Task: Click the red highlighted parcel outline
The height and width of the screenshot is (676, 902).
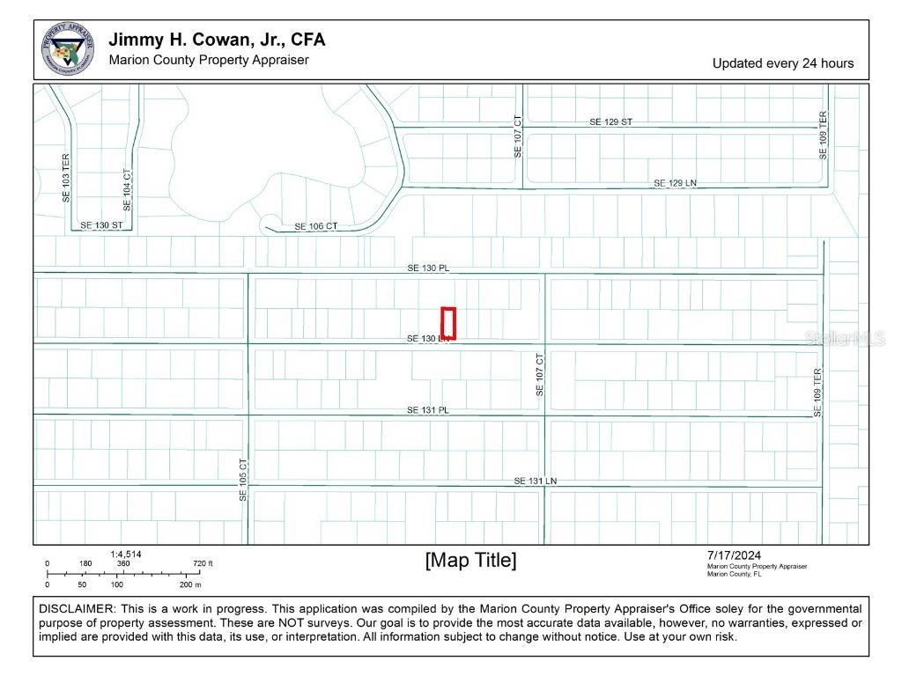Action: click(448, 322)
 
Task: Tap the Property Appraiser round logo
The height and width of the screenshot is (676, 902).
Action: click(68, 49)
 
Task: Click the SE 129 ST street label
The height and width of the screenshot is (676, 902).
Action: click(610, 121)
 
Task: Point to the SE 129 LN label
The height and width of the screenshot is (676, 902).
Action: click(675, 183)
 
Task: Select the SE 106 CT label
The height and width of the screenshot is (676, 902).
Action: click(315, 226)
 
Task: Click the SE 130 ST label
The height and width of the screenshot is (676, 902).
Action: click(101, 225)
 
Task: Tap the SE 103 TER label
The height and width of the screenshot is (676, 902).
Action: click(65, 179)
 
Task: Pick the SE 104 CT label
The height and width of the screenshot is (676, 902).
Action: click(127, 190)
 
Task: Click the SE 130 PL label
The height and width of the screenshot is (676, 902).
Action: click(428, 267)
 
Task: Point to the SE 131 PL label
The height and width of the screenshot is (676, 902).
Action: click(428, 410)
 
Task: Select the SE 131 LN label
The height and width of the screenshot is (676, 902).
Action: click(536, 481)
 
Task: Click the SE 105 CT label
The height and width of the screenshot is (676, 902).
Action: click(244, 480)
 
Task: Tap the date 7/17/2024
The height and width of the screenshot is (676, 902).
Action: click(734, 555)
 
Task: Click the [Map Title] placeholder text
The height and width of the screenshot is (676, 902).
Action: click(470, 560)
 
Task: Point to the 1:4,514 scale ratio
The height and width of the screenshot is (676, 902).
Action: click(126, 554)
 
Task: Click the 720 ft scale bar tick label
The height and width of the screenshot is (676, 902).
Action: click(203, 564)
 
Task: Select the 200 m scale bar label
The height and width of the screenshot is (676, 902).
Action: click(190, 584)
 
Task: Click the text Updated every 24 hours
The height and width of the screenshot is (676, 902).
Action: click(782, 63)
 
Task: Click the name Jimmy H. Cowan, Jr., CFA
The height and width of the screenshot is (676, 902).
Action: click(217, 40)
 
